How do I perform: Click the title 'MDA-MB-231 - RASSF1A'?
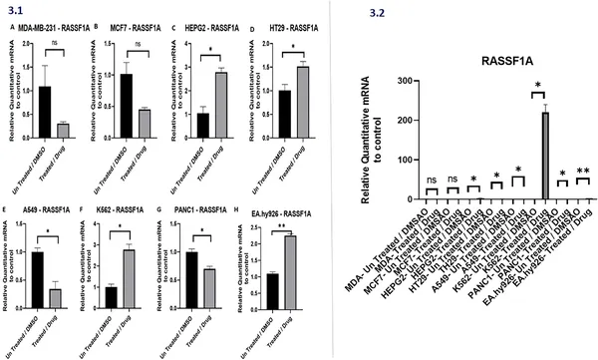pos(52,30)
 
